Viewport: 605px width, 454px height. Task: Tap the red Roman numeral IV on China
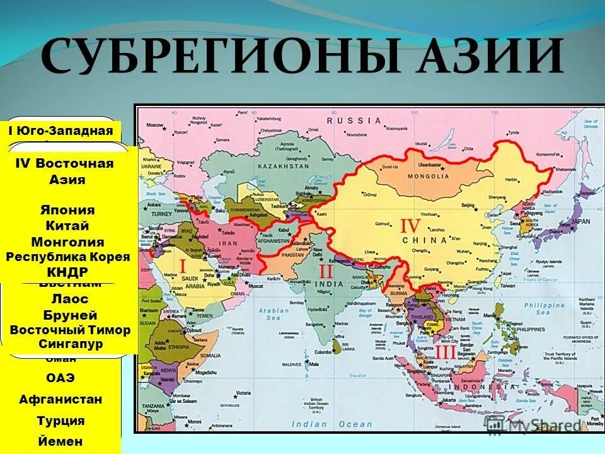click(410, 226)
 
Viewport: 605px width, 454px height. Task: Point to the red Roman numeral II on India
click(326, 272)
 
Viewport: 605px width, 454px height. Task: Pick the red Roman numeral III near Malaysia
click(445, 351)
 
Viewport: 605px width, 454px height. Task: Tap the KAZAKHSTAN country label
click(284, 166)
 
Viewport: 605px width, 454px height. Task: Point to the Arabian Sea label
click(274, 314)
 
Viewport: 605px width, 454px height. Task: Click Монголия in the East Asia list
click(67, 242)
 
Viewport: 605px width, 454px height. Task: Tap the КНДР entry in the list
click(67, 272)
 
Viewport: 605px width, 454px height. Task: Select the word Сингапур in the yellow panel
click(71, 344)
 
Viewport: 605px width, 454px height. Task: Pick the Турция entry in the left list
click(60, 421)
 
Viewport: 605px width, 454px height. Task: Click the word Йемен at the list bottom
click(60, 441)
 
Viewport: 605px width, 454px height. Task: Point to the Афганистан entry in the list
click(60, 399)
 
